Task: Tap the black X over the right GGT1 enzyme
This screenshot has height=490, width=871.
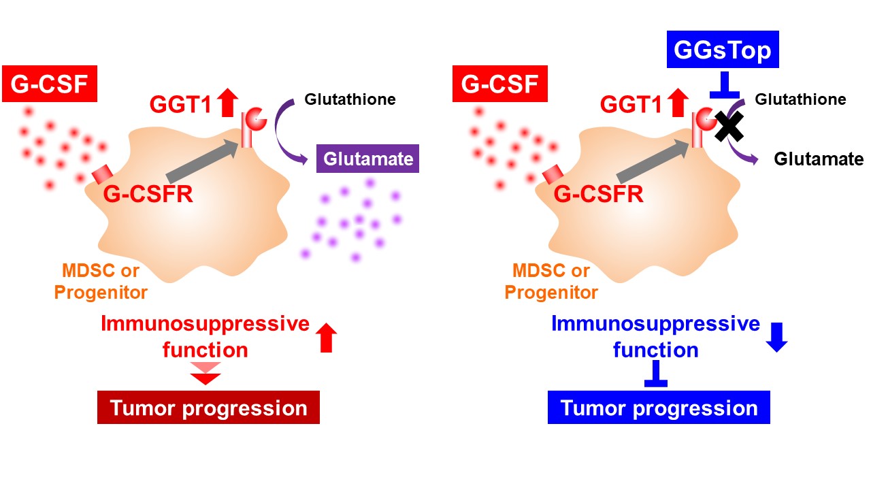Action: coord(728,126)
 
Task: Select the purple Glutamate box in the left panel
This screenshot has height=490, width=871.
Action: coord(368,159)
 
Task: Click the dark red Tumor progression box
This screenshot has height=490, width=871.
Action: coord(208,408)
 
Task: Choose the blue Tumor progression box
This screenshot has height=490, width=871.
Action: coord(659,408)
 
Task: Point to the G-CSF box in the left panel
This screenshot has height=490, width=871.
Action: coord(50,85)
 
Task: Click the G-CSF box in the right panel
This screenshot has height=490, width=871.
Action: coord(501,85)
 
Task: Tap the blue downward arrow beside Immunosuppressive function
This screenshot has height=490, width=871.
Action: coord(776,336)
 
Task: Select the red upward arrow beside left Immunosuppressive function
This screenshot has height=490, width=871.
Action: coord(327,337)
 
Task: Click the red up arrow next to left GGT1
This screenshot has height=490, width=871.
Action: coord(227,103)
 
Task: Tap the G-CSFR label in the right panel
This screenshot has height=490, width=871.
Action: coord(599,195)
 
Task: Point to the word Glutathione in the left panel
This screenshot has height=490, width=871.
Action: coord(350,99)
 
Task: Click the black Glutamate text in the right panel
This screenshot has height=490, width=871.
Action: coord(819,159)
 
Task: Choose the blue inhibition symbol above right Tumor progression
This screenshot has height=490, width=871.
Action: coord(655,374)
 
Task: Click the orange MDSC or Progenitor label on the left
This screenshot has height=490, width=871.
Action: coord(101,282)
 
